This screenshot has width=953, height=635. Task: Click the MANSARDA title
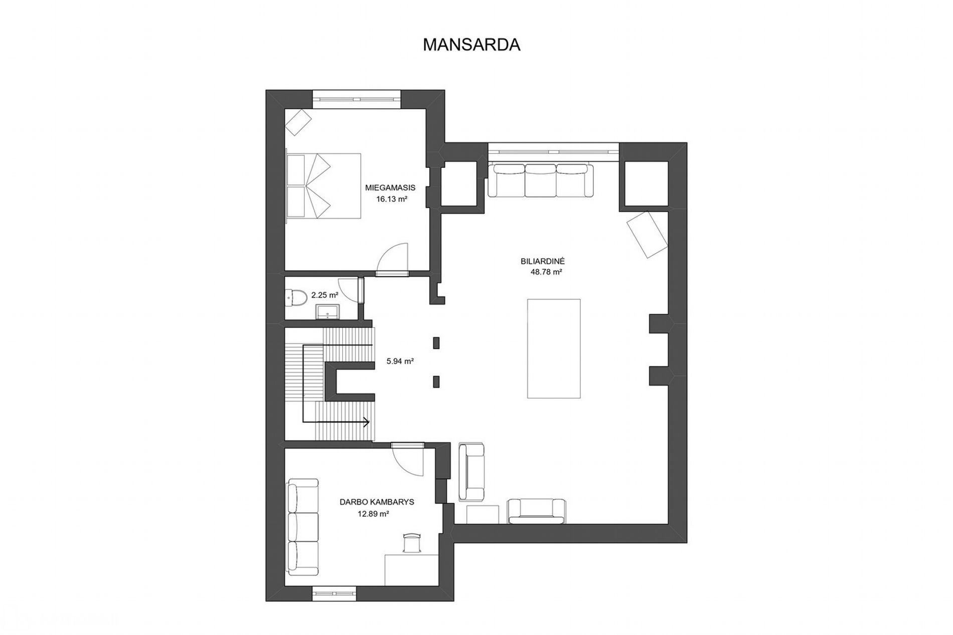(x=471, y=45)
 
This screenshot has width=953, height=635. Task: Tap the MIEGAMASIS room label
(x=390, y=188)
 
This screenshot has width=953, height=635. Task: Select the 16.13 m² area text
(x=391, y=199)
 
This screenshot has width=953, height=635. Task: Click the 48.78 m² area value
(x=546, y=272)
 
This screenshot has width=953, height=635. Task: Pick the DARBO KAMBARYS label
(x=377, y=502)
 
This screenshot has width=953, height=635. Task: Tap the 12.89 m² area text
(x=373, y=513)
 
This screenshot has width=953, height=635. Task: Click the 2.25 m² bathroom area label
(x=325, y=295)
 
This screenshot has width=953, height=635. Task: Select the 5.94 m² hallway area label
(x=400, y=361)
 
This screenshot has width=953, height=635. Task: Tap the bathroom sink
(x=328, y=312)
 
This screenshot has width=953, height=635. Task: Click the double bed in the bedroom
(x=323, y=186)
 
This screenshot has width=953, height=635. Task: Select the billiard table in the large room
(x=554, y=349)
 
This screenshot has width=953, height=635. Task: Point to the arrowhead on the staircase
(x=366, y=422)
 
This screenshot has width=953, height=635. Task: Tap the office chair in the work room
(x=411, y=543)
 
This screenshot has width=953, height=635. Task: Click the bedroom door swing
(x=393, y=257)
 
